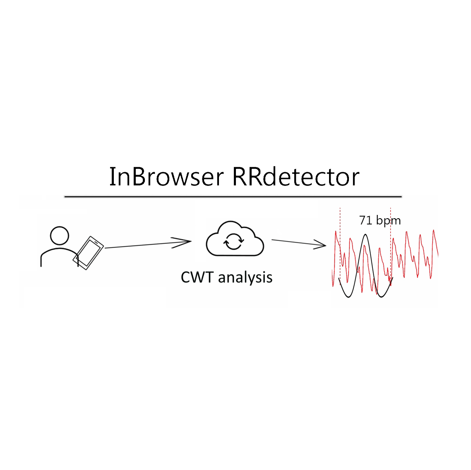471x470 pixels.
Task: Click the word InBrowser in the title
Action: coord(166,177)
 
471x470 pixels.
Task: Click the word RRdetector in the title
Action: coord(296,177)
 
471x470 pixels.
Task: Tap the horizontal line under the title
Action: coord(233,196)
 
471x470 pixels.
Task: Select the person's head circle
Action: coord(59,236)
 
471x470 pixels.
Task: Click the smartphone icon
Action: coord(88,253)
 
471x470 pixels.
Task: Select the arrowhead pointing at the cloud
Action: coord(184,242)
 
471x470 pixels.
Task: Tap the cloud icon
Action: coord(235,240)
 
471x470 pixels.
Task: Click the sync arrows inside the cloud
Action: coord(233,241)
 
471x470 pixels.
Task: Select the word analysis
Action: coord(245,277)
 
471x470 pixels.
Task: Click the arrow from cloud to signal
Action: coord(296,243)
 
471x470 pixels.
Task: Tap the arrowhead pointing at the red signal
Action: coord(321,245)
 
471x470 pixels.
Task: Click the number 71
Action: coord(365,220)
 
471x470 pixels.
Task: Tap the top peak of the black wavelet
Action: coord(365,235)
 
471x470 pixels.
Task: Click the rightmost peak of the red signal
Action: coord(434,231)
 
